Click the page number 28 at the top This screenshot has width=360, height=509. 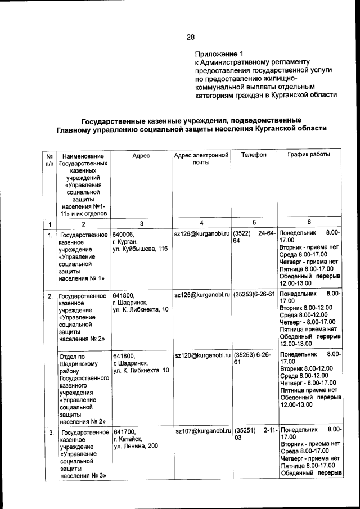click(x=191, y=37)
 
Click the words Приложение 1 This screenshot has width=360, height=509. click(x=216, y=53)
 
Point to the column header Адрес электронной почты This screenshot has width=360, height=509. click(x=201, y=159)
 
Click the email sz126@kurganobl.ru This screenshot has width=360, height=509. click(x=202, y=233)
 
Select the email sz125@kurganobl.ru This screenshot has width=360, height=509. click(x=202, y=294)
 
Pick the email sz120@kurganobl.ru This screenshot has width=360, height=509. click(x=202, y=355)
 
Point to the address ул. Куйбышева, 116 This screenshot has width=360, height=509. click(x=140, y=249)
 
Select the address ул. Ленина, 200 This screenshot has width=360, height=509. click(x=137, y=446)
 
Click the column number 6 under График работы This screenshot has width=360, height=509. click(x=309, y=223)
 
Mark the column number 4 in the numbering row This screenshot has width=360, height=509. click(x=201, y=223)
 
